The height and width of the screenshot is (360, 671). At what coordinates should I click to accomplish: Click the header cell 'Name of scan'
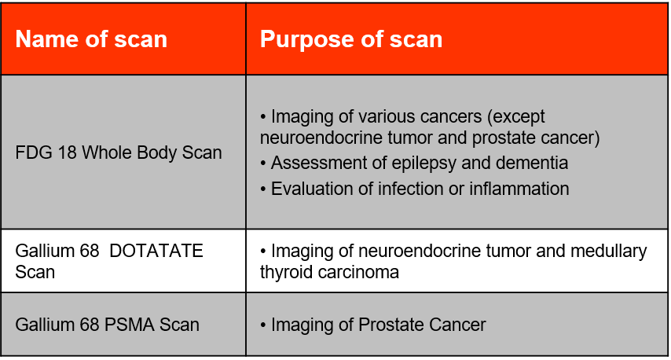91,40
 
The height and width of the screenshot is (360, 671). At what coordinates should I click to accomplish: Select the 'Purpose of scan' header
350,40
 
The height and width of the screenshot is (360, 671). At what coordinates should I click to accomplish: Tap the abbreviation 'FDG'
33,152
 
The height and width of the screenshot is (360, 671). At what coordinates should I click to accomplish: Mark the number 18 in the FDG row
65,152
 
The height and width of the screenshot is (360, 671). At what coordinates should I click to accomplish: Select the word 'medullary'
607,252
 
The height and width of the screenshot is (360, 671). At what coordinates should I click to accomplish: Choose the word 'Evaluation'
309,189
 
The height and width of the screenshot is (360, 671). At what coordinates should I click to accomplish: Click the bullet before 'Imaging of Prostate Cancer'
264,325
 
